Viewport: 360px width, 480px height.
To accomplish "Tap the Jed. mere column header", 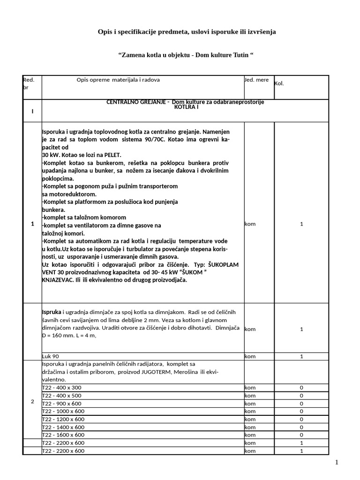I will (x=256, y=80).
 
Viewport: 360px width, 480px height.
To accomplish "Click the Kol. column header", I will (x=279, y=83).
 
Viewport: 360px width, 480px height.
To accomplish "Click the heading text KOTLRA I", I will (x=186, y=107).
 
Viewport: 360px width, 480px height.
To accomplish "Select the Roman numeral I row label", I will (x=32, y=112).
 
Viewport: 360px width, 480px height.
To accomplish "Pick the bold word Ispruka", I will (x=52, y=312).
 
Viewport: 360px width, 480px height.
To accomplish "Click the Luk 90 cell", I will (x=51, y=356).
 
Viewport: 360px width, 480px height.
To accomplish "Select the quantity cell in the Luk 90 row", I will (x=301, y=356).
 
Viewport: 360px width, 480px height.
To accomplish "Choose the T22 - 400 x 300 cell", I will (x=61, y=388).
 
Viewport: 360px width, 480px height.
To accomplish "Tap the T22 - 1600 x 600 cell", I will (x=63, y=435).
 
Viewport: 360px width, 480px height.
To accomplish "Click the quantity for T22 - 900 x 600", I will (x=301, y=404).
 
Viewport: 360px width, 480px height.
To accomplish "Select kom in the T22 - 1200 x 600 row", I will (x=250, y=419).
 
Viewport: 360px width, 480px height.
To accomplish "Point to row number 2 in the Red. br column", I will (x=32, y=401).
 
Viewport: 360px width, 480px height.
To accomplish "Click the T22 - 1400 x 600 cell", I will (x=63, y=427).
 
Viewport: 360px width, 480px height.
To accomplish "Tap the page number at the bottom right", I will (x=336, y=463).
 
